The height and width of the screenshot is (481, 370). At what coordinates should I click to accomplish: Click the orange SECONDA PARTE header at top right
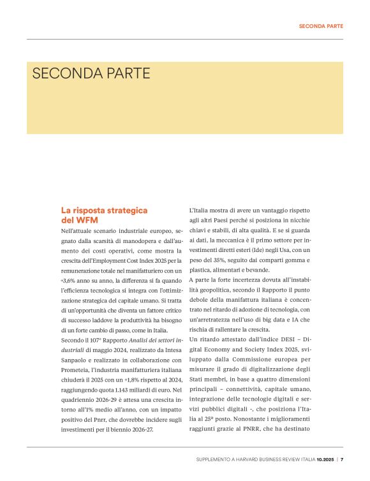(x=321, y=26)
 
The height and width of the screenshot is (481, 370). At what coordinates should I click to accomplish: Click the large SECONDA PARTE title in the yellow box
(x=91, y=73)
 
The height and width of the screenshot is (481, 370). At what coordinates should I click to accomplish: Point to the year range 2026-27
(x=153, y=431)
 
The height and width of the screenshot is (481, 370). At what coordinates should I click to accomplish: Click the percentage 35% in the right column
(x=225, y=260)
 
